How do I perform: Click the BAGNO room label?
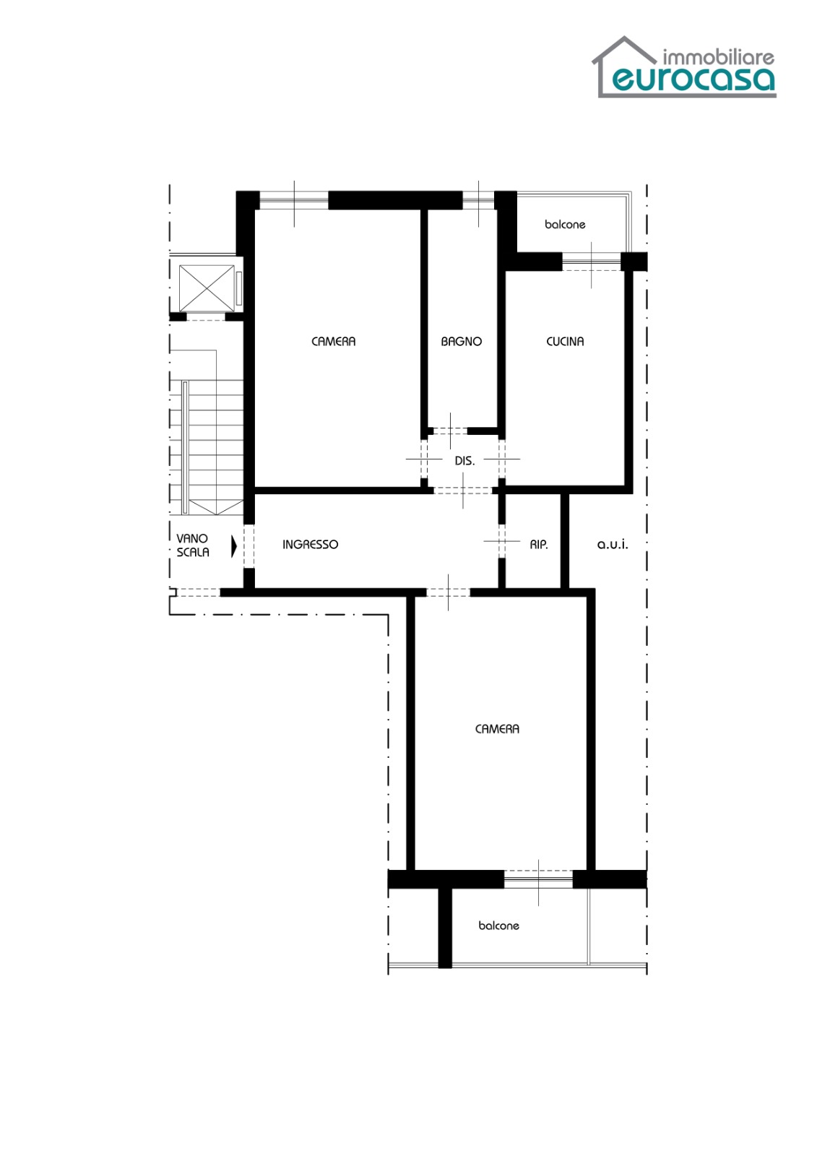tap(461, 342)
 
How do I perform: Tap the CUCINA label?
tap(565, 342)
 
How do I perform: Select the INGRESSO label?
tap(310, 545)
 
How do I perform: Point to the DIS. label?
tap(464, 462)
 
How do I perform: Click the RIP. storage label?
tap(539, 545)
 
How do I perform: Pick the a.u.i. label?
tap(613, 545)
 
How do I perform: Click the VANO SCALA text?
tap(192, 545)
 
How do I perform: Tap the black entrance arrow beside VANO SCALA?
tap(234, 546)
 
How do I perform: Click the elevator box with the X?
tap(207, 288)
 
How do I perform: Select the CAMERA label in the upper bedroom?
tap(334, 342)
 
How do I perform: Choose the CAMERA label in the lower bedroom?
tap(497, 729)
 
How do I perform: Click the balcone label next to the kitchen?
tap(565, 225)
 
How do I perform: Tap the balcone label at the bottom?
tap(498, 926)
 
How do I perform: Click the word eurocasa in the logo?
tap(693, 79)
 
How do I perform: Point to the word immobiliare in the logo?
tap(719, 57)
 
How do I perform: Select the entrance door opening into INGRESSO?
tap(248, 546)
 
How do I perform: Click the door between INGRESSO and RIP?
tap(501, 541)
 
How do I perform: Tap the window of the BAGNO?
tap(478, 200)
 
